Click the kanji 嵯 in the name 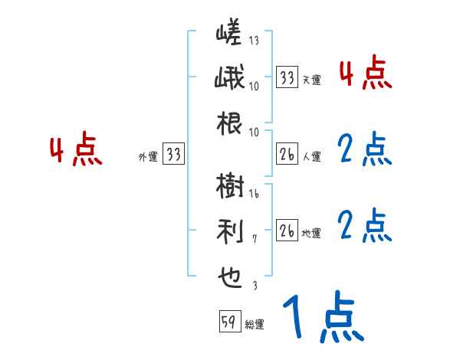click(x=228, y=34)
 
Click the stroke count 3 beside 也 click(x=255, y=285)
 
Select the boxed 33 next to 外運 click(x=174, y=155)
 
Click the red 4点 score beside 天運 click(x=365, y=74)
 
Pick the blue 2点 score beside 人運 click(x=365, y=150)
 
